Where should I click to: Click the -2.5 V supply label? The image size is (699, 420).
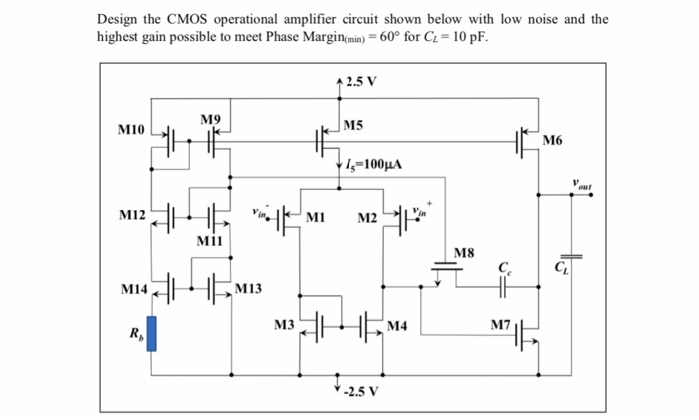pos(358,390)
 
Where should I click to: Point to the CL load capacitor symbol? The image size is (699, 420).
pos(576,257)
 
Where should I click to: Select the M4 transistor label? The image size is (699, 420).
pos(397,325)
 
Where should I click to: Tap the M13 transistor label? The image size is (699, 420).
pos(249,289)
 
